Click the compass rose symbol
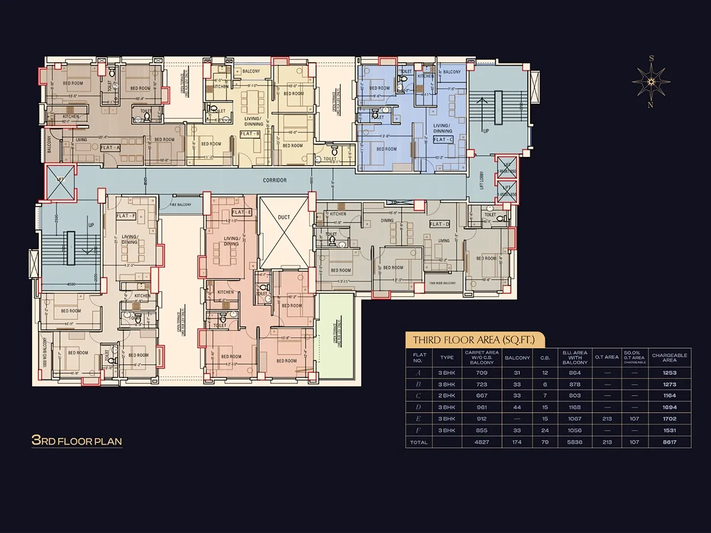[651, 82]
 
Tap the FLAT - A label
[111, 147]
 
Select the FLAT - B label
[250, 134]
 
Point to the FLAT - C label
[443, 140]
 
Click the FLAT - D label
[440, 224]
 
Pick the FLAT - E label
[242, 212]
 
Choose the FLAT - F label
[126, 216]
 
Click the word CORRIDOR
[275, 180]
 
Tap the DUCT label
[284, 217]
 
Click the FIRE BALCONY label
[181, 204]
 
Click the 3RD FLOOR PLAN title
[76, 441]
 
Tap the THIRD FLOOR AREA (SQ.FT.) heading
[473, 340]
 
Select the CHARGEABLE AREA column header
[670, 358]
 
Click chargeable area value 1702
[670, 419]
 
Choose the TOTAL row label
[419, 442]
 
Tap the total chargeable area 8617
[670, 442]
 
